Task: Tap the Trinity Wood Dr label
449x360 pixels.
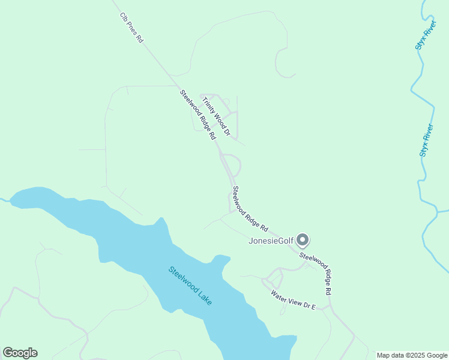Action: point(215,115)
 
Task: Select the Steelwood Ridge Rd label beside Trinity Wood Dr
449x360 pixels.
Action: point(197,115)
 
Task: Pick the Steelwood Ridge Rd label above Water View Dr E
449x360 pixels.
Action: point(316,273)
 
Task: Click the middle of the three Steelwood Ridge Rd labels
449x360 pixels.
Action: point(250,209)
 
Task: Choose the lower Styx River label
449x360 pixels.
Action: point(427,140)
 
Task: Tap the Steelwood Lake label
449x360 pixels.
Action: point(190,286)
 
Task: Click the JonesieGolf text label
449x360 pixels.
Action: point(271,241)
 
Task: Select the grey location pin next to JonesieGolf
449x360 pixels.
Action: point(303,241)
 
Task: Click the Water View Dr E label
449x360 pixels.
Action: point(293,299)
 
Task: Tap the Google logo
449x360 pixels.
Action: point(20,353)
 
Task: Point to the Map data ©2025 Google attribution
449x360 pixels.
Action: point(412,355)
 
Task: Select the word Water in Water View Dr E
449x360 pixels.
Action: point(279,295)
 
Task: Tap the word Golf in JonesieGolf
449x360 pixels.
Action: point(285,241)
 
